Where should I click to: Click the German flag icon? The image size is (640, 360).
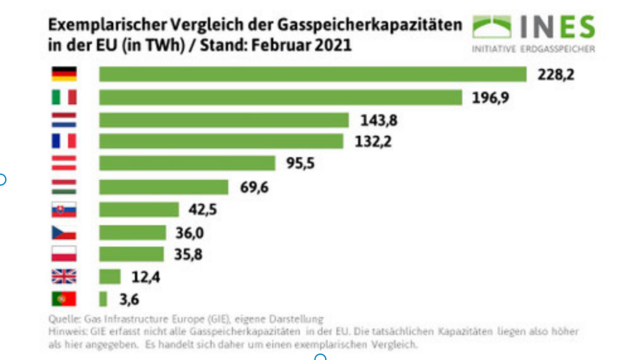(64, 74)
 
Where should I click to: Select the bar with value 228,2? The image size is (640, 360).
(312, 74)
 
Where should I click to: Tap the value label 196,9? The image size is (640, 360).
(486, 97)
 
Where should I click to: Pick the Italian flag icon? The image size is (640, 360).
(64, 97)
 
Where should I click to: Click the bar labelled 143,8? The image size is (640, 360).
(224, 120)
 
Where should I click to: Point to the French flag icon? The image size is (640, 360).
(64, 141)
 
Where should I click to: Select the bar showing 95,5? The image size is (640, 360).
(187, 163)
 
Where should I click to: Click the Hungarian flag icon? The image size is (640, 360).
(64, 186)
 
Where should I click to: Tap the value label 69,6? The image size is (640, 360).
(254, 187)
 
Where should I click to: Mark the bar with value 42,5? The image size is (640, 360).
(139, 209)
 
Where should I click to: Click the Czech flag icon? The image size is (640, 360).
(64, 232)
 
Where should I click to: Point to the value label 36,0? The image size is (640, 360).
(190, 233)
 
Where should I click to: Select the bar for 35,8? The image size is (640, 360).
(131, 254)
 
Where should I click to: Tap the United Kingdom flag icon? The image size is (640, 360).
(64, 276)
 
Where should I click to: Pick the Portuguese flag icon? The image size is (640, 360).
(64, 299)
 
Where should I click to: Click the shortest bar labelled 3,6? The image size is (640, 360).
(103, 299)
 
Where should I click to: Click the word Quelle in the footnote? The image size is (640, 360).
(61, 319)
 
